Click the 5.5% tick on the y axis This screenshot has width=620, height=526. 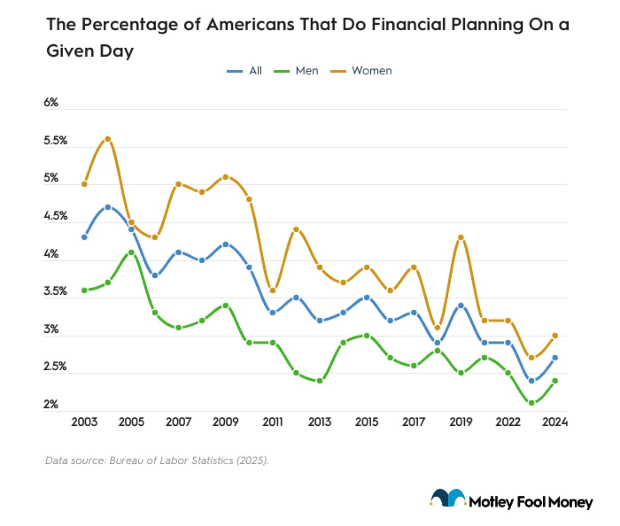56,141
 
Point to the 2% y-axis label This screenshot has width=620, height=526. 51,404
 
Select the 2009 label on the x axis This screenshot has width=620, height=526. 225,422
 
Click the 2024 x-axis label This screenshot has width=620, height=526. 555,422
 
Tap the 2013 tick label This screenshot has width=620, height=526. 319,422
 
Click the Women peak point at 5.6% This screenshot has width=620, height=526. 108,139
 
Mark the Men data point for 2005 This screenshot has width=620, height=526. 131,252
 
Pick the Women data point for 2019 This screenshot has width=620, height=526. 461,237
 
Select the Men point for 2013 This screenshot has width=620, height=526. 319,381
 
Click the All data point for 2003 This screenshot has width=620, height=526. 84,237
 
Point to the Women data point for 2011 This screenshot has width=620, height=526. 273,290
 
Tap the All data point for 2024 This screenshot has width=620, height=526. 555,358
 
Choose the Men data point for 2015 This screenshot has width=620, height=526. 367,335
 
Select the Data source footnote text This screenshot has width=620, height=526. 156,461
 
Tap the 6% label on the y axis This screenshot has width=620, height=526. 51,103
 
